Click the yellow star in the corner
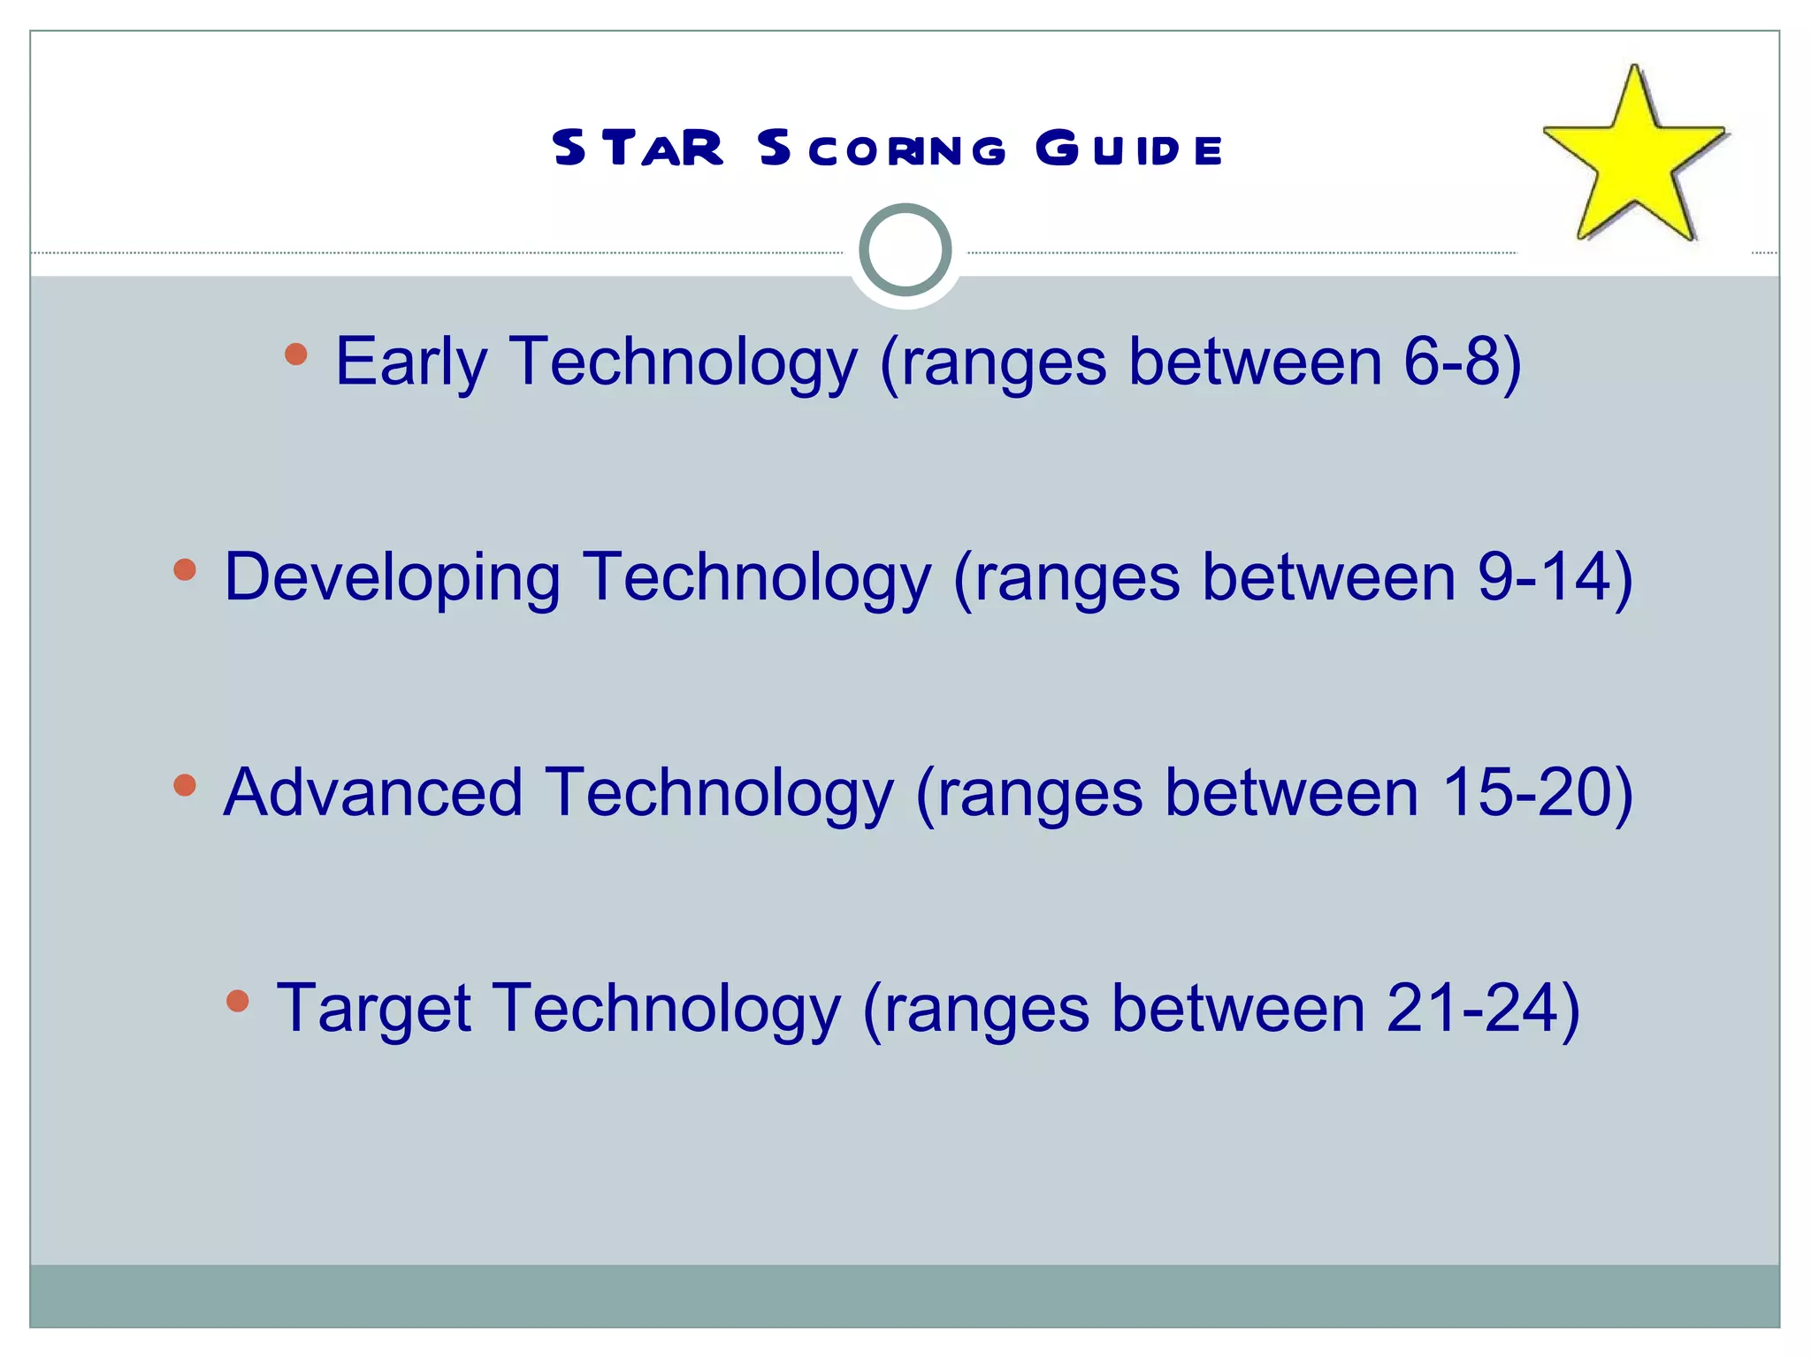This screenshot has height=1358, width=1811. (x=1634, y=159)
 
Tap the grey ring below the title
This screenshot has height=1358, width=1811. (x=905, y=250)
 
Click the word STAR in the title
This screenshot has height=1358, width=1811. (x=638, y=148)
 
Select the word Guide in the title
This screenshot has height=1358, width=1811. (x=1129, y=148)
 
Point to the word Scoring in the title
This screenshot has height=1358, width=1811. (x=882, y=149)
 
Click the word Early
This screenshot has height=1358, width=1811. (x=411, y=362)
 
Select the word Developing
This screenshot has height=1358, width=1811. (x=393, y=578)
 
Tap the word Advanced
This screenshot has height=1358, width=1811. (x=373, y=792)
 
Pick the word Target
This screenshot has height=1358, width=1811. (x=373, y=1008)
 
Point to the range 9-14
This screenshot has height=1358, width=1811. (x=1544, y=576)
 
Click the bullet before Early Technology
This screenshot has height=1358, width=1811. (x=296, y=355)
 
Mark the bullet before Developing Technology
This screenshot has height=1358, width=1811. (x=185, y=570)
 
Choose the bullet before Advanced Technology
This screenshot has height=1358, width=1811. (x=185, y=785)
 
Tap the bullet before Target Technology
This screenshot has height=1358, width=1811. (x=237, y=1001)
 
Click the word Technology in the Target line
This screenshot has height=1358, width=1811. (x=665, y=1008)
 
